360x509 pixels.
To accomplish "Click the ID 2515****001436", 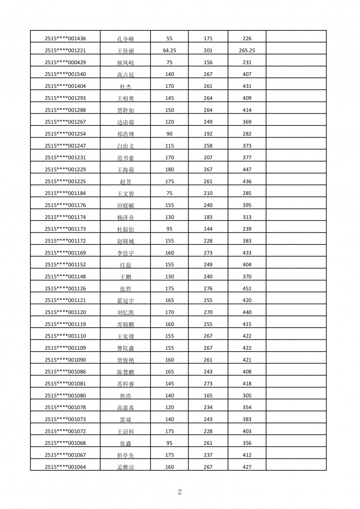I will (65, 39).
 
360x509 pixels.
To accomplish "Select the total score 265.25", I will (247, 50).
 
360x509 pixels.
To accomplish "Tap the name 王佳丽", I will (125, 51).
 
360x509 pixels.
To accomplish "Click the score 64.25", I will (170, 50).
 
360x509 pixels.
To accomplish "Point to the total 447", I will (247, 169).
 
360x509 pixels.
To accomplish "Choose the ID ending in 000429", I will (65, 63).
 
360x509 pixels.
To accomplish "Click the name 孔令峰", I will (125, 39).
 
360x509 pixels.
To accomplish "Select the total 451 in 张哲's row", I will (247, 289).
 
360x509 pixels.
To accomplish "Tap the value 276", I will (208, 289).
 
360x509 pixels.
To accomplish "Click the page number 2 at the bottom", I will (180, 492).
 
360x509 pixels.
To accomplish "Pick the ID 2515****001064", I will (65, 467).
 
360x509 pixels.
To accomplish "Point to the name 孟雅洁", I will (125, 467).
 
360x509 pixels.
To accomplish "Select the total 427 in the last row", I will (247, 467).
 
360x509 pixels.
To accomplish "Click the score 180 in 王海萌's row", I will (170, 169).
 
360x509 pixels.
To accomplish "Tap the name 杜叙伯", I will (125, 230).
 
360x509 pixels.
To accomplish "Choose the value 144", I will (208, 229).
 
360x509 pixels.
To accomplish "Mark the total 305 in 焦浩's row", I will (247, 395).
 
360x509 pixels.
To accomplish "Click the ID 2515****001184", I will (65, 193).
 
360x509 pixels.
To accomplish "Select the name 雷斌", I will (125, 420).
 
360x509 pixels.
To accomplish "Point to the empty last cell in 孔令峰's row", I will (296, 39).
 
